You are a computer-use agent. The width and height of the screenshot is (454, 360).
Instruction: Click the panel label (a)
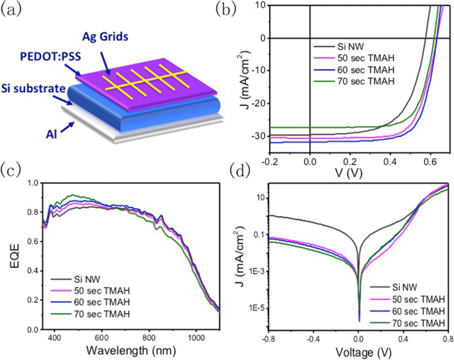click(11, 9)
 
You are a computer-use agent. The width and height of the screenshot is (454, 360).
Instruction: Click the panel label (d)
click(237, 171)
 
